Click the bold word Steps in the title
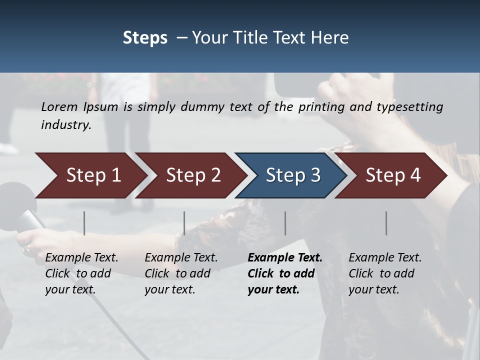coord(145,38)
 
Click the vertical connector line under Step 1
coord(84,223)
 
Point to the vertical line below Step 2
coord(184,223)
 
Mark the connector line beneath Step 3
coord(285,223)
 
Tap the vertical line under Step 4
coord(386,223)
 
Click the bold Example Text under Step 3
coord(285,257)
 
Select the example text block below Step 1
coord(81,273)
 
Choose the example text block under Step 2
coord(181,273)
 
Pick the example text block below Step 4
coord(385,273)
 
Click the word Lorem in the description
coord(59,106)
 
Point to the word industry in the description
coord(65,125)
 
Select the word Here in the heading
coord(332,38)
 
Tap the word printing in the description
coord(320,107)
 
